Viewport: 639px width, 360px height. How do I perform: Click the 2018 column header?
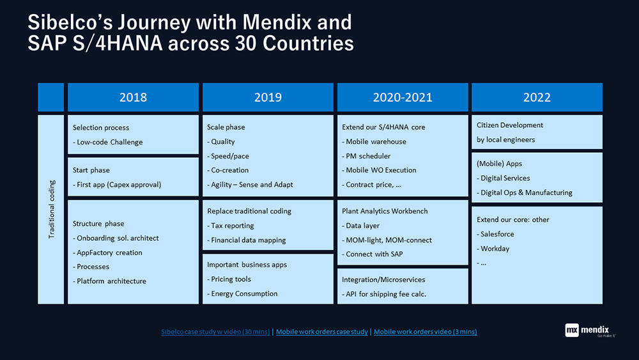[x=134, y=97]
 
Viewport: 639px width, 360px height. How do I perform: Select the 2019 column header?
[x=268, y=97]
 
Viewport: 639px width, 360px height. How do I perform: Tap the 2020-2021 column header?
[x=403, y=97]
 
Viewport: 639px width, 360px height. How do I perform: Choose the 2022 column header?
[x=537, y=97]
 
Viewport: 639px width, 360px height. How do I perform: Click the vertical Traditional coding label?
[x=51, y=209]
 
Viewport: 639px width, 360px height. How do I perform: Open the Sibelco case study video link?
[x=215, y=332]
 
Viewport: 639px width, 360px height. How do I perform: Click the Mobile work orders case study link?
[x=322, y=332]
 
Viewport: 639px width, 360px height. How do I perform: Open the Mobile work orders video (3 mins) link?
[x=426, y=332]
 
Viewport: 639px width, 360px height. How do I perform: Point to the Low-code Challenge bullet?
[x=107, y=143]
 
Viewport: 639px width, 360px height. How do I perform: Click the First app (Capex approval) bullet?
[x=117, y=185]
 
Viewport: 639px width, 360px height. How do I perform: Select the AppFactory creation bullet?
[x=107, y=253]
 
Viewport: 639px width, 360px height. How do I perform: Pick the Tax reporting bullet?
[x=230, y=226]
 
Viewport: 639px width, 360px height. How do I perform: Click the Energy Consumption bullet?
[x=242, y=294]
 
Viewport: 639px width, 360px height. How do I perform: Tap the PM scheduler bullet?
[x=366, y=156]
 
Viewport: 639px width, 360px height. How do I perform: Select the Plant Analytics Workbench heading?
[x=385, y=211]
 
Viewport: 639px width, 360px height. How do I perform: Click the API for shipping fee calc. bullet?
[x=384, y=294]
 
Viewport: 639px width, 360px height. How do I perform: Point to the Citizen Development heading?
[x=510, y=125]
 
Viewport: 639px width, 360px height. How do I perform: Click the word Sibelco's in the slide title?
[x=70, y=22]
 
